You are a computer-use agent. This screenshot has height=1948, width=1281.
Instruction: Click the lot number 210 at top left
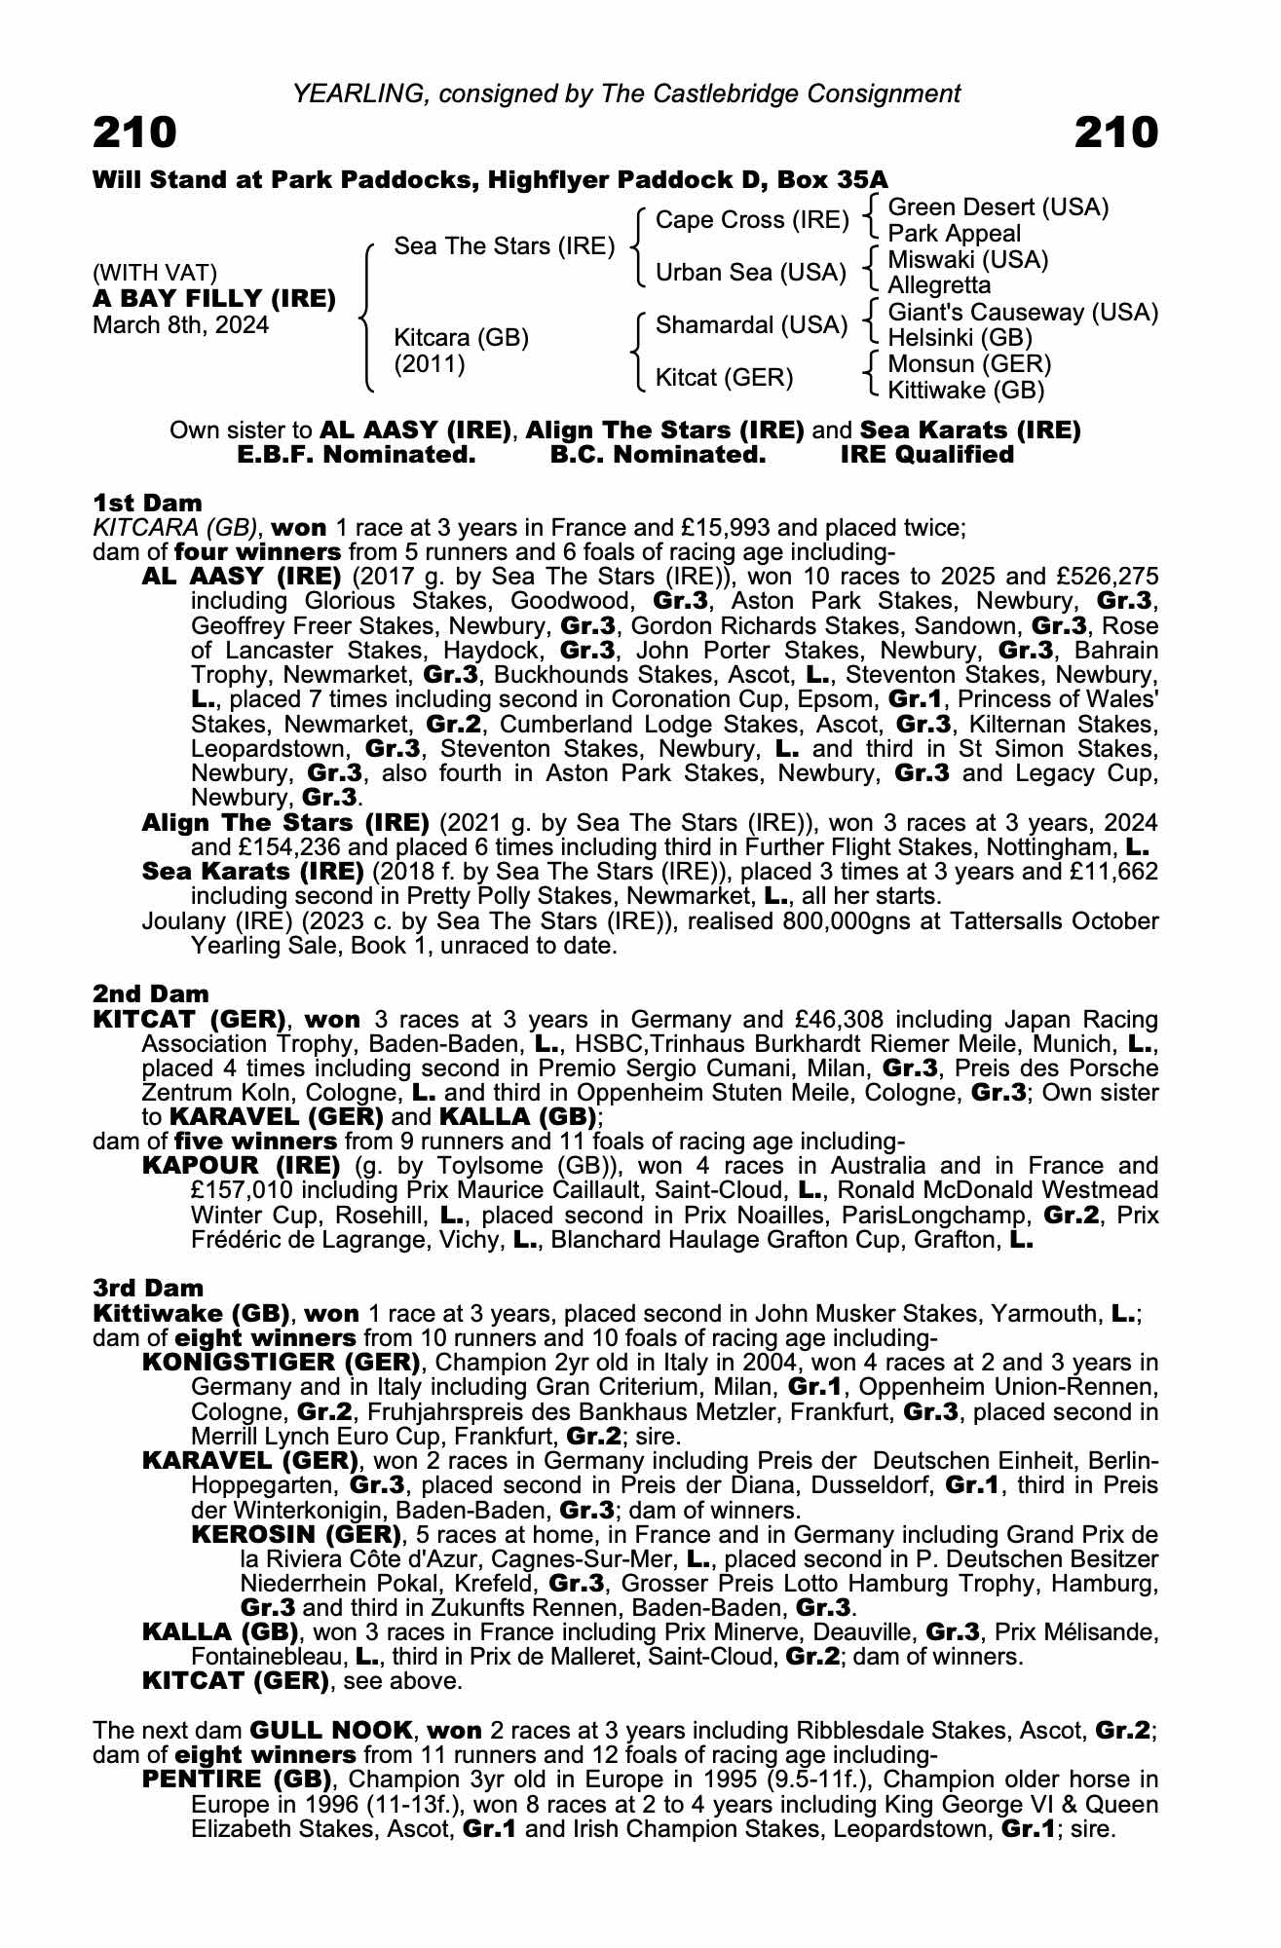[134, 132]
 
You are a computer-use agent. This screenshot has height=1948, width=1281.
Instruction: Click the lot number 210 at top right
[1116, 132]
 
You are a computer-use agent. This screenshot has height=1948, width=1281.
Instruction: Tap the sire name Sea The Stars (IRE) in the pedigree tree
[504, 246]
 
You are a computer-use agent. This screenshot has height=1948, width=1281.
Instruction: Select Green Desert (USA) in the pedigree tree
[998, 207]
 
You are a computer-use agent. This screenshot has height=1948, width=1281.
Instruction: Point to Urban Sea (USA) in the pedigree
[750, 273]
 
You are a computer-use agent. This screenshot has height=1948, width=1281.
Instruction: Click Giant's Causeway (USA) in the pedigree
[1023, 313]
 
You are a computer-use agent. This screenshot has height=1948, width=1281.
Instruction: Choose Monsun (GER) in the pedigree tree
[969, 364]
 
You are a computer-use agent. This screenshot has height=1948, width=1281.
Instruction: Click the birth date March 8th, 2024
[180, 325]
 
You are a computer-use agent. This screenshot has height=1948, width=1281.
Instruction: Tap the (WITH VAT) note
[155, 273]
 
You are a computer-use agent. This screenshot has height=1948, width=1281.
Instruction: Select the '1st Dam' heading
[147, 503]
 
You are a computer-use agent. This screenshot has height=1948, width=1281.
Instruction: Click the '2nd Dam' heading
[151, 994]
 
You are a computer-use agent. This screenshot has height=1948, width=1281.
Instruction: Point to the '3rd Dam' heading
[149, 1289]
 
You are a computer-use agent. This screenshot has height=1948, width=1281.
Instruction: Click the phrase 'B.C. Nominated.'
[658, 455]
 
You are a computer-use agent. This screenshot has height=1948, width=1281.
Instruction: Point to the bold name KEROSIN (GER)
[297, 1535]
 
